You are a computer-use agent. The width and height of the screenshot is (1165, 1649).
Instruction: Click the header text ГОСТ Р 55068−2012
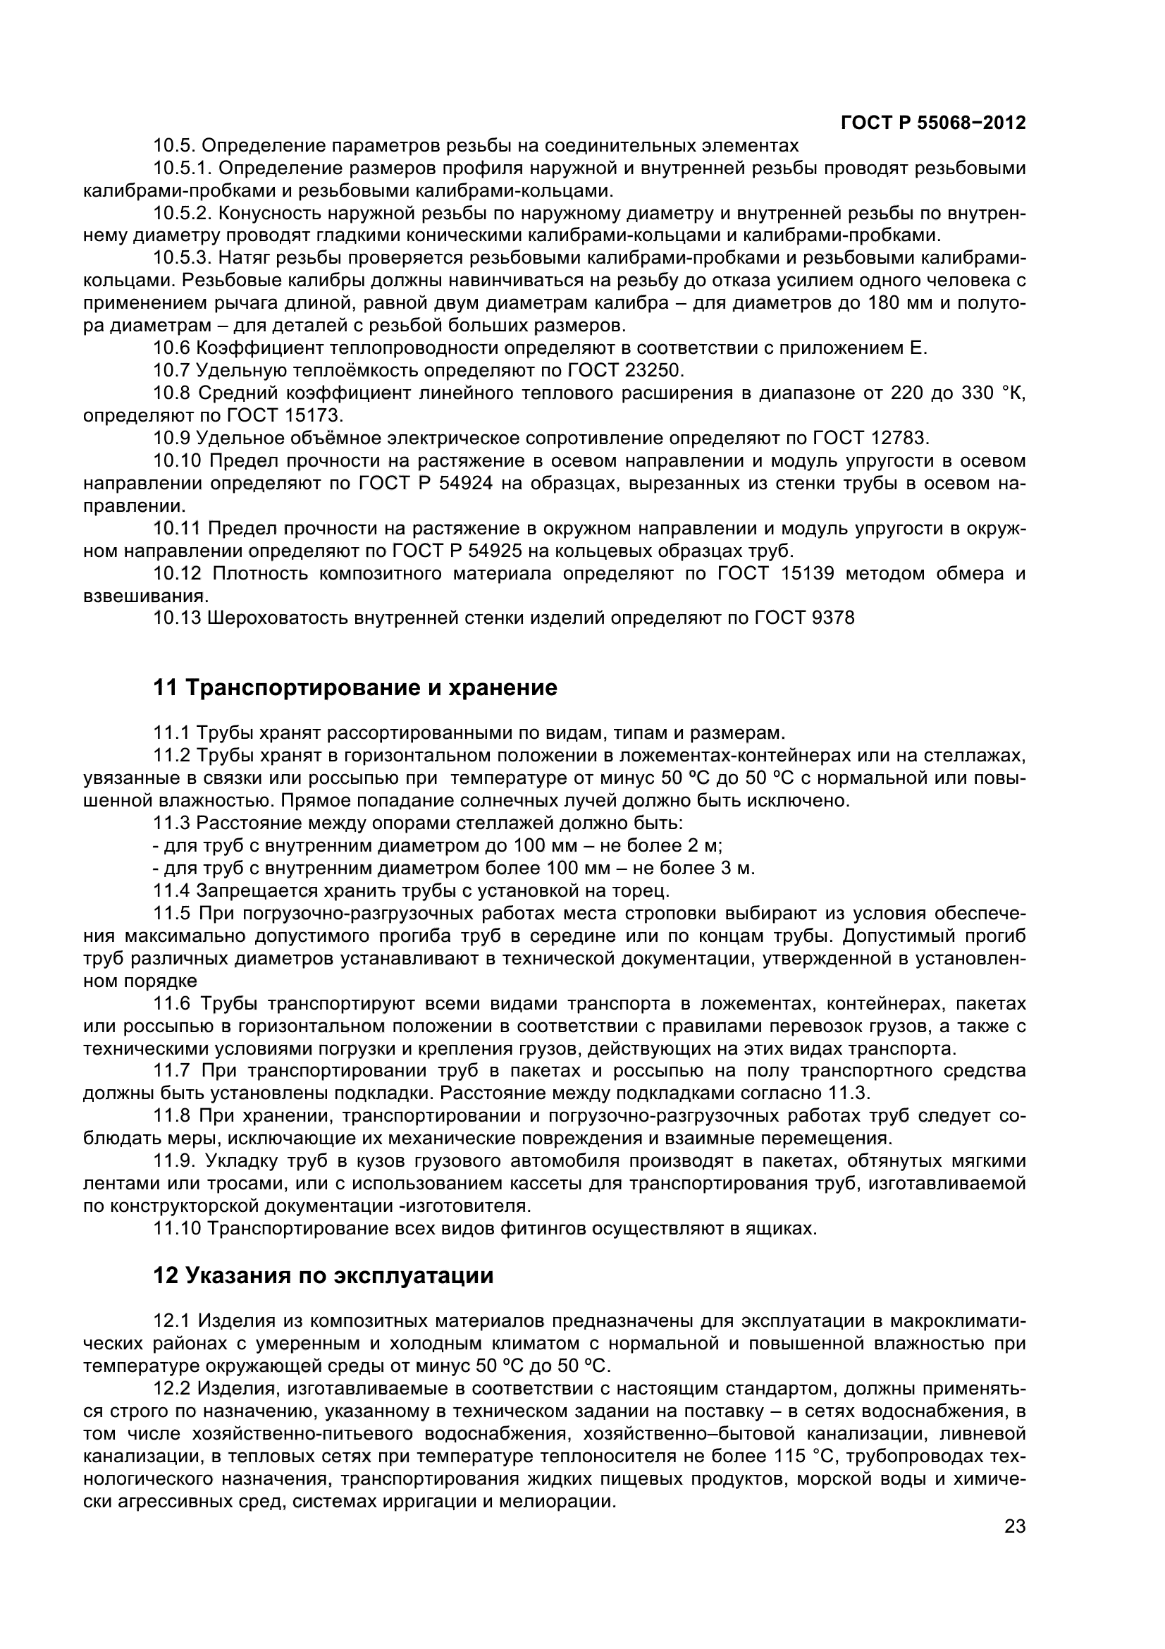point(932,123)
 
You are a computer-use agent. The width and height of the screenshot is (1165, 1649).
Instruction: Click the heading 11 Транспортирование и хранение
point(355,687)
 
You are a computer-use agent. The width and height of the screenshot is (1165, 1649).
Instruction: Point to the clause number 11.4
point(171,891)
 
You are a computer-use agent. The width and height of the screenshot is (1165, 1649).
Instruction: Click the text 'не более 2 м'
point(667,845)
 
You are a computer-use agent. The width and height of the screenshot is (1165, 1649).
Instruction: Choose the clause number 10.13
point(177,618)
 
